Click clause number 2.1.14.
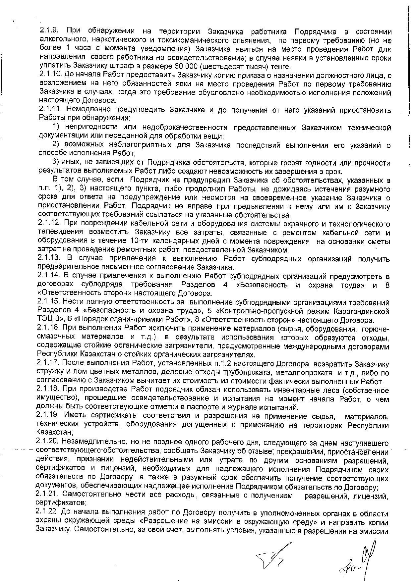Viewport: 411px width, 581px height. (x=50, y=276)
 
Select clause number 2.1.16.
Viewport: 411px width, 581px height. (x=50, y=329)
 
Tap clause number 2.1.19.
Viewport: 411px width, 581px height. (x=50, y=416)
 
